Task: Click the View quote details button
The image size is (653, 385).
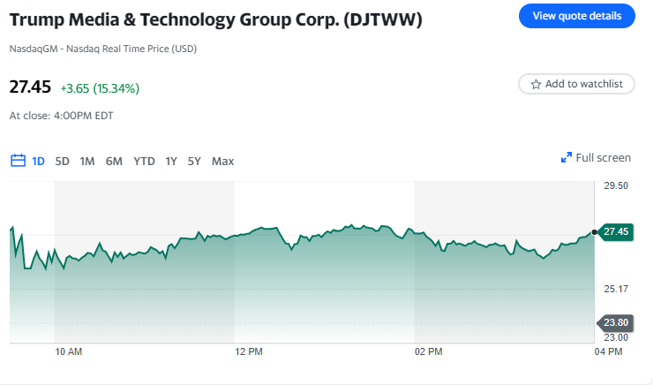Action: pos(577,16)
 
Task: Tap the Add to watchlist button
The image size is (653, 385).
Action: pos(576,84)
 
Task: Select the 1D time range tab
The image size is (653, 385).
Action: pos(39,161)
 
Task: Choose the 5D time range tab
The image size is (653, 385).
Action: pos(62,161)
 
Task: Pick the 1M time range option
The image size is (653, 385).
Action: pos(87,161)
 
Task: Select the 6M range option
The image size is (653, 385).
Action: pos(114,161)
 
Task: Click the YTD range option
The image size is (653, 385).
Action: pos(144,161)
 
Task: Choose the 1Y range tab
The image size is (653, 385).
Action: pos(171,161)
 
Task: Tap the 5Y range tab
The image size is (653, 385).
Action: pos(194,161)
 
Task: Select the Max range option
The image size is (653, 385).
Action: pos(222,161)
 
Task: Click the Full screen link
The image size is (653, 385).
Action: pos(597,158)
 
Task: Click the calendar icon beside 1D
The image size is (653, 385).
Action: pos(18,161)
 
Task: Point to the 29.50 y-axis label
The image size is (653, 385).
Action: pos(616,185)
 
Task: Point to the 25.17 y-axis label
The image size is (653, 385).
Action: pos(616,289)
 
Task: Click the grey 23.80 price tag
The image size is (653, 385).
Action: pos(615,322)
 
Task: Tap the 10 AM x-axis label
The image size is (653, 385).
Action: pos(68,351)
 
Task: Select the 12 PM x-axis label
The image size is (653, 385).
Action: pos(249,351)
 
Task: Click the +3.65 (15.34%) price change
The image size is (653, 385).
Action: pos(100,88)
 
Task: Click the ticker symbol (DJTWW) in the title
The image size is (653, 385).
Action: pos(383,19)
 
